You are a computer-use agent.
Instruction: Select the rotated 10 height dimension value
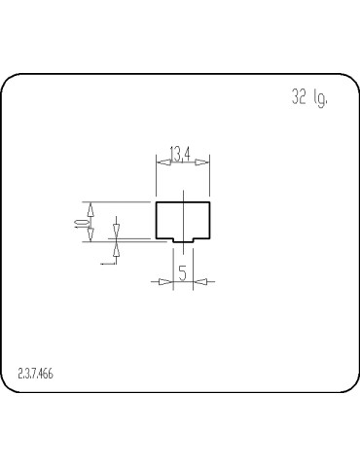coord(78,222)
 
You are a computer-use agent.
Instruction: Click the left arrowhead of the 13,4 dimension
coord(163,162)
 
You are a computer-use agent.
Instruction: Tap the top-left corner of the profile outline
coord(157,202)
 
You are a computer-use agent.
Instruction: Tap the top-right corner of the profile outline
coord(209,202)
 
